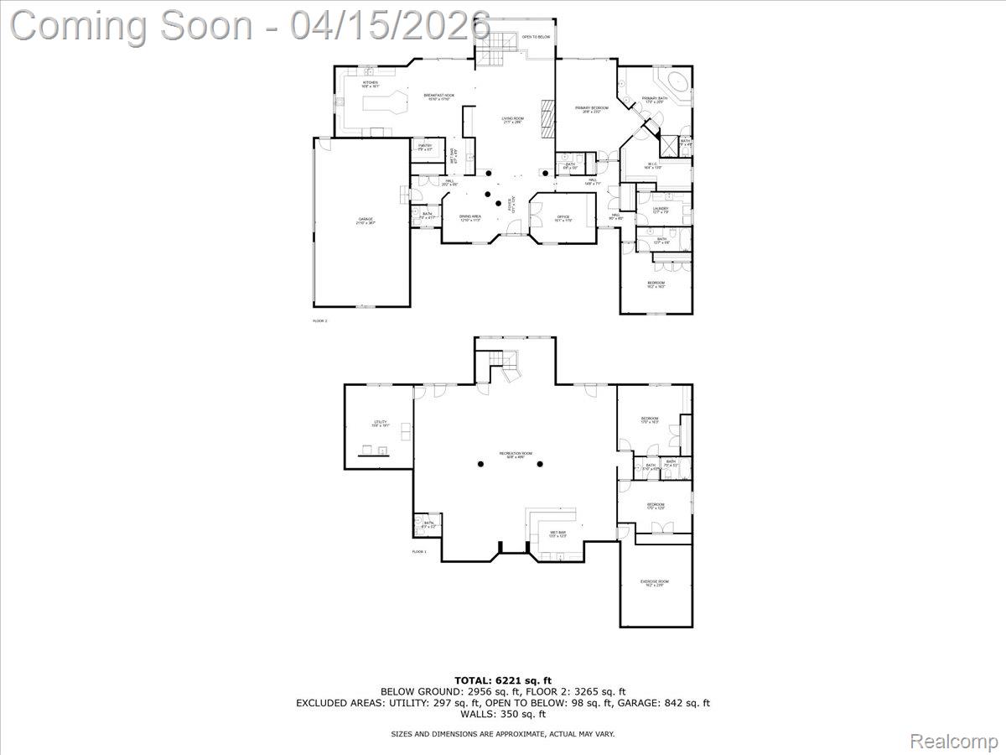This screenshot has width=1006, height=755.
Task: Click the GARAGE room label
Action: (x=366, y=220)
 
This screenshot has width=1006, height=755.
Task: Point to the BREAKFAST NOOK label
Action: (x=438, y=97)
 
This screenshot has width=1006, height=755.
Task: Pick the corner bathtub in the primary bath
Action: (x=674, y=84)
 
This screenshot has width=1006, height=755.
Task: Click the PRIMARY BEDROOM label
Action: (x=592, y=109)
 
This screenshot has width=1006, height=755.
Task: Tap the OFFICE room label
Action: (x=563, y=218)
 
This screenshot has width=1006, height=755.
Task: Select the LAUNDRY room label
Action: (x=661, y=210)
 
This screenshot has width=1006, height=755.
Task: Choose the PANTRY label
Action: (x=425, y=147)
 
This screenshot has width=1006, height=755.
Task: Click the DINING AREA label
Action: (x=470, y=217)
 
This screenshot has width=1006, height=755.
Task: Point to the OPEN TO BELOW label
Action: (x=536, y=37)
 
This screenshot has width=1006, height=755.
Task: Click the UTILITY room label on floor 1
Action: (x=381, y=424)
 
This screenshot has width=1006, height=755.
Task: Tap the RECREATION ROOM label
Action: (x=516, y=454)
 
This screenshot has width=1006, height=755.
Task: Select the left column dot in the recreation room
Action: (x=481, y=464)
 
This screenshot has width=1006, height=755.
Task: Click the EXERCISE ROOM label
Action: (x=655, y=583)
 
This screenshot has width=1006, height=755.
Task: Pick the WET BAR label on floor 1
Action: (x=558, y=534)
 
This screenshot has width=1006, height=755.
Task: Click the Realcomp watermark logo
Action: (x=954, y=741)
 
